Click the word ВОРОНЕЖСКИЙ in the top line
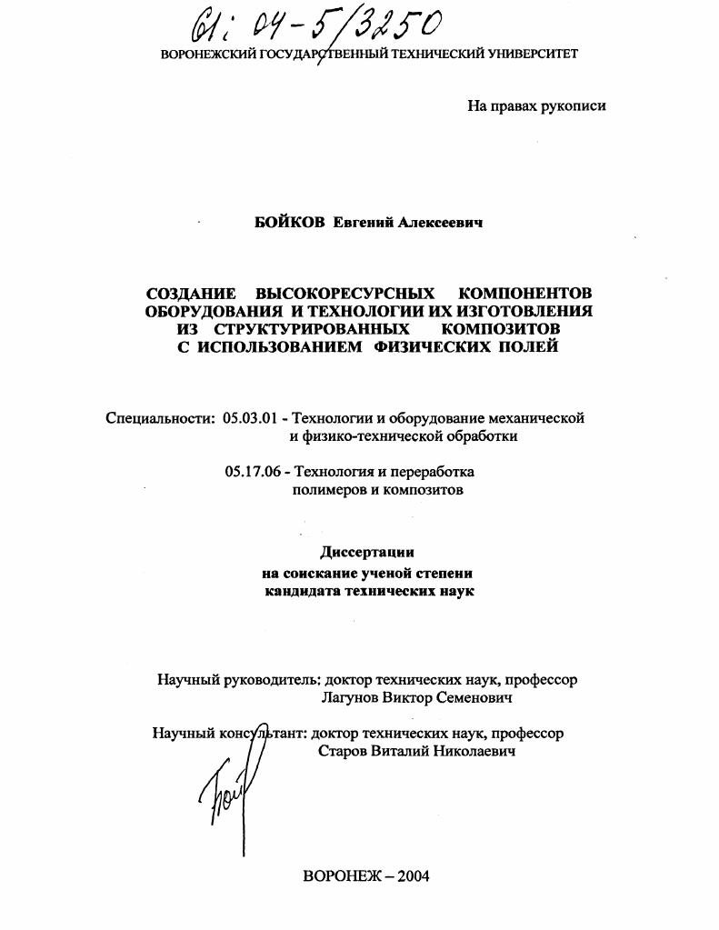[x=208, y=55]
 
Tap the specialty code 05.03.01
[x=249, y=418]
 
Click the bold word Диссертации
[x=368, y=552]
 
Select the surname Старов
[x=344, y=752]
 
